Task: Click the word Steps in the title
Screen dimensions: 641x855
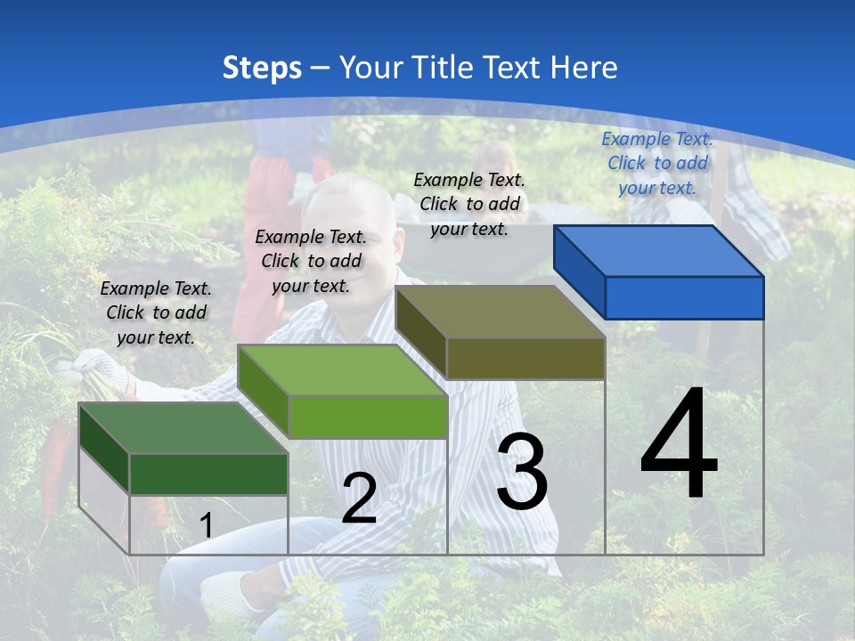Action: (262, 68)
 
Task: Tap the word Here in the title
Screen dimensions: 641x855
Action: (584, 68)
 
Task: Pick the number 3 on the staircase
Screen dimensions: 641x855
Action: (521, 472)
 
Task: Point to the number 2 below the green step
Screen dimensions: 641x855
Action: (359, 499)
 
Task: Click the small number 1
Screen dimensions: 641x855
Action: (206, 526)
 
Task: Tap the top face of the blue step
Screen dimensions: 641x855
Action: (657, 251)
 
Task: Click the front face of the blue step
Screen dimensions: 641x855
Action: (684, 297)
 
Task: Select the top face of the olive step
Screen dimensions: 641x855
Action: (499, 312)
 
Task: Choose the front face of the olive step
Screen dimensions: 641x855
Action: (525, 358)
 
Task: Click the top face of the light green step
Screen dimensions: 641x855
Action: (340, 370)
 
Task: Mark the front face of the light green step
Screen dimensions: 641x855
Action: (367, 417)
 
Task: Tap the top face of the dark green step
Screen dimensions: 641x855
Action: (182, 428)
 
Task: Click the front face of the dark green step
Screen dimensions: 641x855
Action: (208, 474)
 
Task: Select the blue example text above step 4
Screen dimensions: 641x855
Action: (657, 163)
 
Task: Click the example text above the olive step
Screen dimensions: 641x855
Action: (469, 204)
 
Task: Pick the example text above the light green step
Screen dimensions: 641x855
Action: (311, 261)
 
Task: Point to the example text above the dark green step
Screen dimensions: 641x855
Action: (156, 312)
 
